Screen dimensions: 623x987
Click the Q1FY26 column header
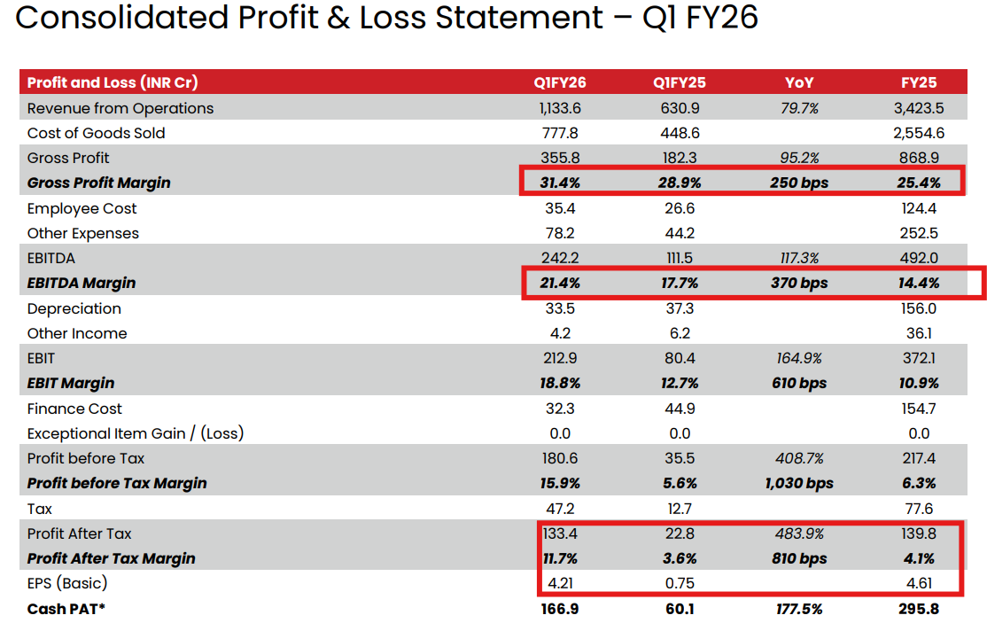click(x=559, y=82)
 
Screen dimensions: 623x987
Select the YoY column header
click(x=799, y=82)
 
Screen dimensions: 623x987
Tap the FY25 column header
click(x=919, y=82)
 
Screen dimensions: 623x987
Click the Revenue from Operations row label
click(x=120, y=108)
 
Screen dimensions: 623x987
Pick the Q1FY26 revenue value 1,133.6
click(x=559, y=108)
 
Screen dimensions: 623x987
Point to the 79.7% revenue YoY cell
click(x=799, y=108)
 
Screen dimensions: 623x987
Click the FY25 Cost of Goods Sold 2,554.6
click(x=919, y=133)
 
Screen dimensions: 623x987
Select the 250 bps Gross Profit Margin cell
click(x=799, y=183)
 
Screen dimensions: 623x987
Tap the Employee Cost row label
click(x=82, y=208)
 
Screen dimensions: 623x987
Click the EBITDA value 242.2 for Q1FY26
click(x=559, y=258)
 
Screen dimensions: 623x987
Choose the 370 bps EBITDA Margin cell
click(x=799, y=284)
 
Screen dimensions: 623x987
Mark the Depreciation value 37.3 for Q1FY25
click(x=680, y=308)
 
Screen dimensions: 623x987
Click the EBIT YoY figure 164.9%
click(x=799, y=358)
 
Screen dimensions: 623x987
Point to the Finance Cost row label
click(x=74, y=409)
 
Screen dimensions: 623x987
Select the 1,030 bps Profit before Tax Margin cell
click(x=799, y=483)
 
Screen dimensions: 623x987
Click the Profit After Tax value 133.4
click(x=559, y=533)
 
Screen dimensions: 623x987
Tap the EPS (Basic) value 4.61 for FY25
click(x=919, y=583)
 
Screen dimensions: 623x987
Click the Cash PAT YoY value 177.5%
click(x=799, y=609)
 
